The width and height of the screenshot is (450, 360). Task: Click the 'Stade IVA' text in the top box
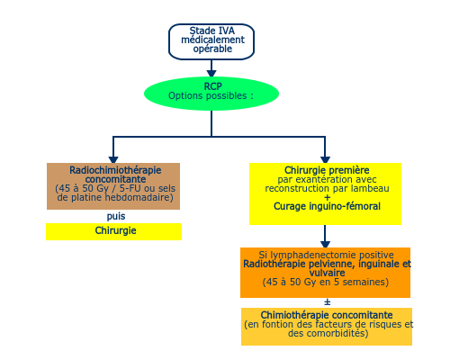pos(211,31)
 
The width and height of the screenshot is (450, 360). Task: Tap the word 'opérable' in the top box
pos(212,49)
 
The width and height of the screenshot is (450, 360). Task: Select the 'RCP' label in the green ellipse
pos(212,86)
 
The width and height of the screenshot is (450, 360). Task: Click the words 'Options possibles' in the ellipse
pos(207,95)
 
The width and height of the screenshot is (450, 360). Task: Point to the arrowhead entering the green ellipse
pos(211,74)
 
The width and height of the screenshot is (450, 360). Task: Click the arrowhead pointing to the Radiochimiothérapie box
pos(113,159)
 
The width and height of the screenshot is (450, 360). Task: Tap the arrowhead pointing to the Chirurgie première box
pos(325,159)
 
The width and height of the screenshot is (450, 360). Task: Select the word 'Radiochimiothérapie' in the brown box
pos(115,170)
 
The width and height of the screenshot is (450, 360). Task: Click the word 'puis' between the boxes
pos(116,216)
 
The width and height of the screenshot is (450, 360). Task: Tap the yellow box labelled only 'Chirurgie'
pos(113,231)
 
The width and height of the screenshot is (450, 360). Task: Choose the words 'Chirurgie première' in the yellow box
pos(327,170)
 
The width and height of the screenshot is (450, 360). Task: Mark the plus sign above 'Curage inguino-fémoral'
pos(328,197)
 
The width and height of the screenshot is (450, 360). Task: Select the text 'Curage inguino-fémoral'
pos(327,206)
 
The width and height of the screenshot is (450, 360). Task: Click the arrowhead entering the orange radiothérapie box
pos(325,244)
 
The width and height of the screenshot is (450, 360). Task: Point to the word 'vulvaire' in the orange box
pos(327,273)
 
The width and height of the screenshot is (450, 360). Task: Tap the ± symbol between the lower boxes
pos(328,302)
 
